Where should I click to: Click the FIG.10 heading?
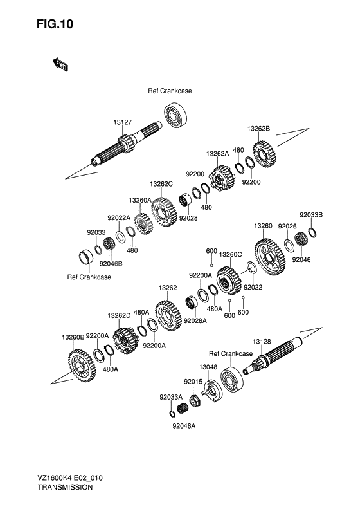pyautogui.click(x=55, y=24)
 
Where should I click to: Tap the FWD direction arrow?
pyautogui.click(x=60, y=64)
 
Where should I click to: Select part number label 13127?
pyautogui.click(x=123, y=122)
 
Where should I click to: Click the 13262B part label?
pyautogui.click(x=258, y=129)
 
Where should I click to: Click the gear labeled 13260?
pyautogui.click(x=270, y=258)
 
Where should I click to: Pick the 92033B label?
pyautogui.click(x=311, y=215)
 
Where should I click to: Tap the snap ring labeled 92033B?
pyautogui.click(x=312, y=233)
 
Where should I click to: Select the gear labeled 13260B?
pyautogui.click(x=82, y=366)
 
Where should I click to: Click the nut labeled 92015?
pyautogui.click(x=194, y=400)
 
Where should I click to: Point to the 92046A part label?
pyautogui.click(x=184, y=426)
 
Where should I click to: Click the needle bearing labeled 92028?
pyautogui.click(x=186, y=200)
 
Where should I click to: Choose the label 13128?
pyautogui.click(x=262, y=342)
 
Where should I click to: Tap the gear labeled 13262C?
pyautogui.click(x=164, y=212)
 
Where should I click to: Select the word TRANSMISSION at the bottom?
pyautogui.click(x=65, y=487)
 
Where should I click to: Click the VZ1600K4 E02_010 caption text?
pyautogui.click(x=70, y=478)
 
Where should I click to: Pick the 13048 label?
pyautogui.click(x=208, y=367)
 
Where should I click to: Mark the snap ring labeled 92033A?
pyautogui.click(x=172, y=414)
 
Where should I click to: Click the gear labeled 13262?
pyautogui.click(x=168, y=315)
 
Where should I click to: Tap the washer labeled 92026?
pyautogui.click(x=289, y=245)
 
